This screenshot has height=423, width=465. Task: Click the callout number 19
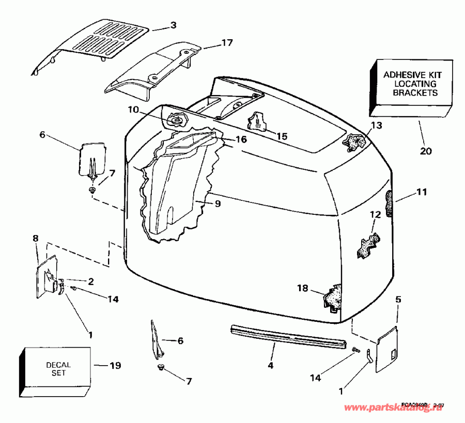point(115,366)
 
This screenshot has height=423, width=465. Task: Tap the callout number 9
point(218,203)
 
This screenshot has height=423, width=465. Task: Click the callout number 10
point(134,109)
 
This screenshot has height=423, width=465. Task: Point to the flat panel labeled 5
point(386,347)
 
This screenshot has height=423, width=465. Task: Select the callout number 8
point(36,239)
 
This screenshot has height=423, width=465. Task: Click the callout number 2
point(90,281)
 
